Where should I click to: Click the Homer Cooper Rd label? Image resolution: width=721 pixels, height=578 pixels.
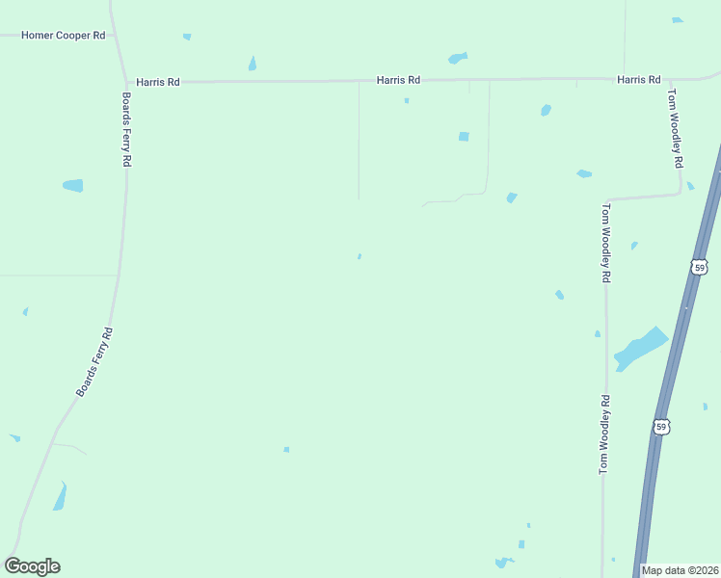(64, 36)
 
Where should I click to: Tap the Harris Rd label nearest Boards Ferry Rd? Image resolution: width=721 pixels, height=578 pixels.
(158, 83)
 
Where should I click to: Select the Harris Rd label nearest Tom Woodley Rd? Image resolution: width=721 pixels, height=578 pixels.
(639, 80)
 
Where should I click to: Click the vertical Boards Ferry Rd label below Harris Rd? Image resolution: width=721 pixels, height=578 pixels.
(126, 130)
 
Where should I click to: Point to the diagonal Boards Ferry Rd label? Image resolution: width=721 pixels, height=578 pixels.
(95, 363)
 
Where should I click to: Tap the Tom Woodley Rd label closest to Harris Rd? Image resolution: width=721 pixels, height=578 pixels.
(677, 128)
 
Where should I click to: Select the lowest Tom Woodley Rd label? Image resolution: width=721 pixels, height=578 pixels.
(604, 434)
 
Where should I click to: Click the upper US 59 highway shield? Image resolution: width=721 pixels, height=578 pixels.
(699, 265)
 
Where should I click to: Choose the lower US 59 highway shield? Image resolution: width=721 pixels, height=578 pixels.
(660, 426)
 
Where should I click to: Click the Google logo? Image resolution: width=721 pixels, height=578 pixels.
(32, 566)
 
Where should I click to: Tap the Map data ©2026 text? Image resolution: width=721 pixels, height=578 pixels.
(681, 570)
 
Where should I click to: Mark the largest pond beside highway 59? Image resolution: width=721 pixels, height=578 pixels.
(639, 349)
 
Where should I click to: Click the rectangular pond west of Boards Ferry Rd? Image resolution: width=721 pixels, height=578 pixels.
(73, 185)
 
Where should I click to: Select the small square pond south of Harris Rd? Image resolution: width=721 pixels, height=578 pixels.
(464, 137)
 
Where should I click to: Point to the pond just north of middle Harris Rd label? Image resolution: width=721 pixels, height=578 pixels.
(457, 58)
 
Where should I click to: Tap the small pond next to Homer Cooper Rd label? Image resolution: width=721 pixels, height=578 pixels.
(187, 37)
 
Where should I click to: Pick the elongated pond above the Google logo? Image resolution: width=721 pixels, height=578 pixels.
(60, 497)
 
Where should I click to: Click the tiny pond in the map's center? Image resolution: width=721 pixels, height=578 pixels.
(360, 256)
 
